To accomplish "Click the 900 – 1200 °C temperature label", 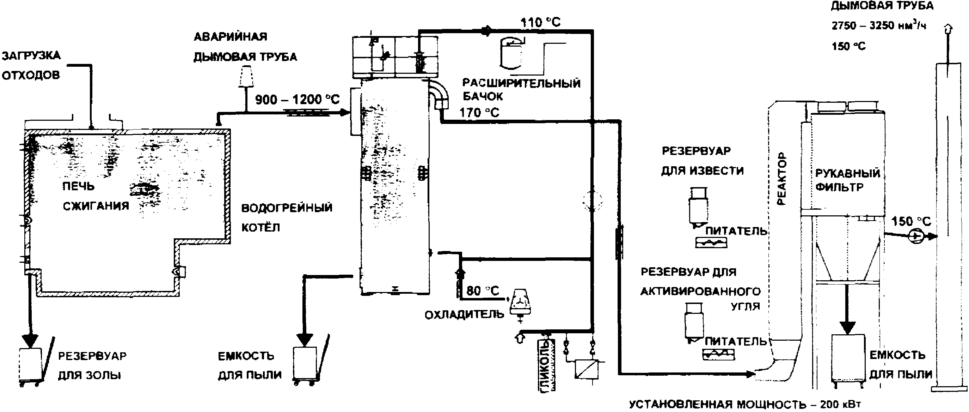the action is tap(297, 100).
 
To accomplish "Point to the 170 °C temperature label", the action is tap(479, 112).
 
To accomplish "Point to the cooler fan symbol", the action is tap(520, 303).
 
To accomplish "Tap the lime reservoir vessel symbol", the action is tap(699, 207).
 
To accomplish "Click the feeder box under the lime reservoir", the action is tap(711, 243).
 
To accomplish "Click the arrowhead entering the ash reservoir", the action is tap(30, 340).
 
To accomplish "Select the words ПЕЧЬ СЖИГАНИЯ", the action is tap(96, 196).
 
